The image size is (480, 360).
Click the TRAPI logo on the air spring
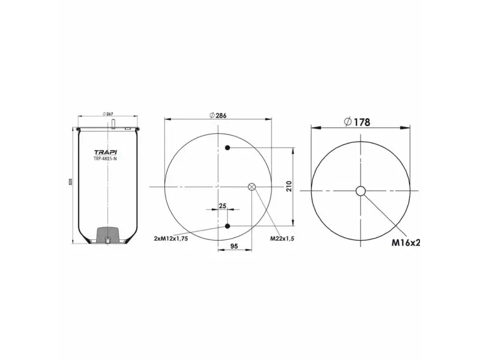pyautogui.click(x=106, y=152)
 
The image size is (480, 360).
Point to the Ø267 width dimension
pyautogui.click(x=108, y=115)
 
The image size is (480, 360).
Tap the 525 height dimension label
pyautogui.click(x=70, y=181)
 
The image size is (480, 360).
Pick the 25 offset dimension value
pyautogui.click(x=223, y=206)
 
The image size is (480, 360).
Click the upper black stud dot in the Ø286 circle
pyautogui.click(x=227, y=148)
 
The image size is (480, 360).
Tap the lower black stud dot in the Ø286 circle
pyautogui.click(x=227, y=226)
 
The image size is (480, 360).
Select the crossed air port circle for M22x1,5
pyautogui.click(x=251, y=187)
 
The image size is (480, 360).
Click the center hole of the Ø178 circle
pyautogui.click(x=360, y=191)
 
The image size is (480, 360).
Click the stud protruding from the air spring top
pyautogui.click(x=112, y=124)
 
